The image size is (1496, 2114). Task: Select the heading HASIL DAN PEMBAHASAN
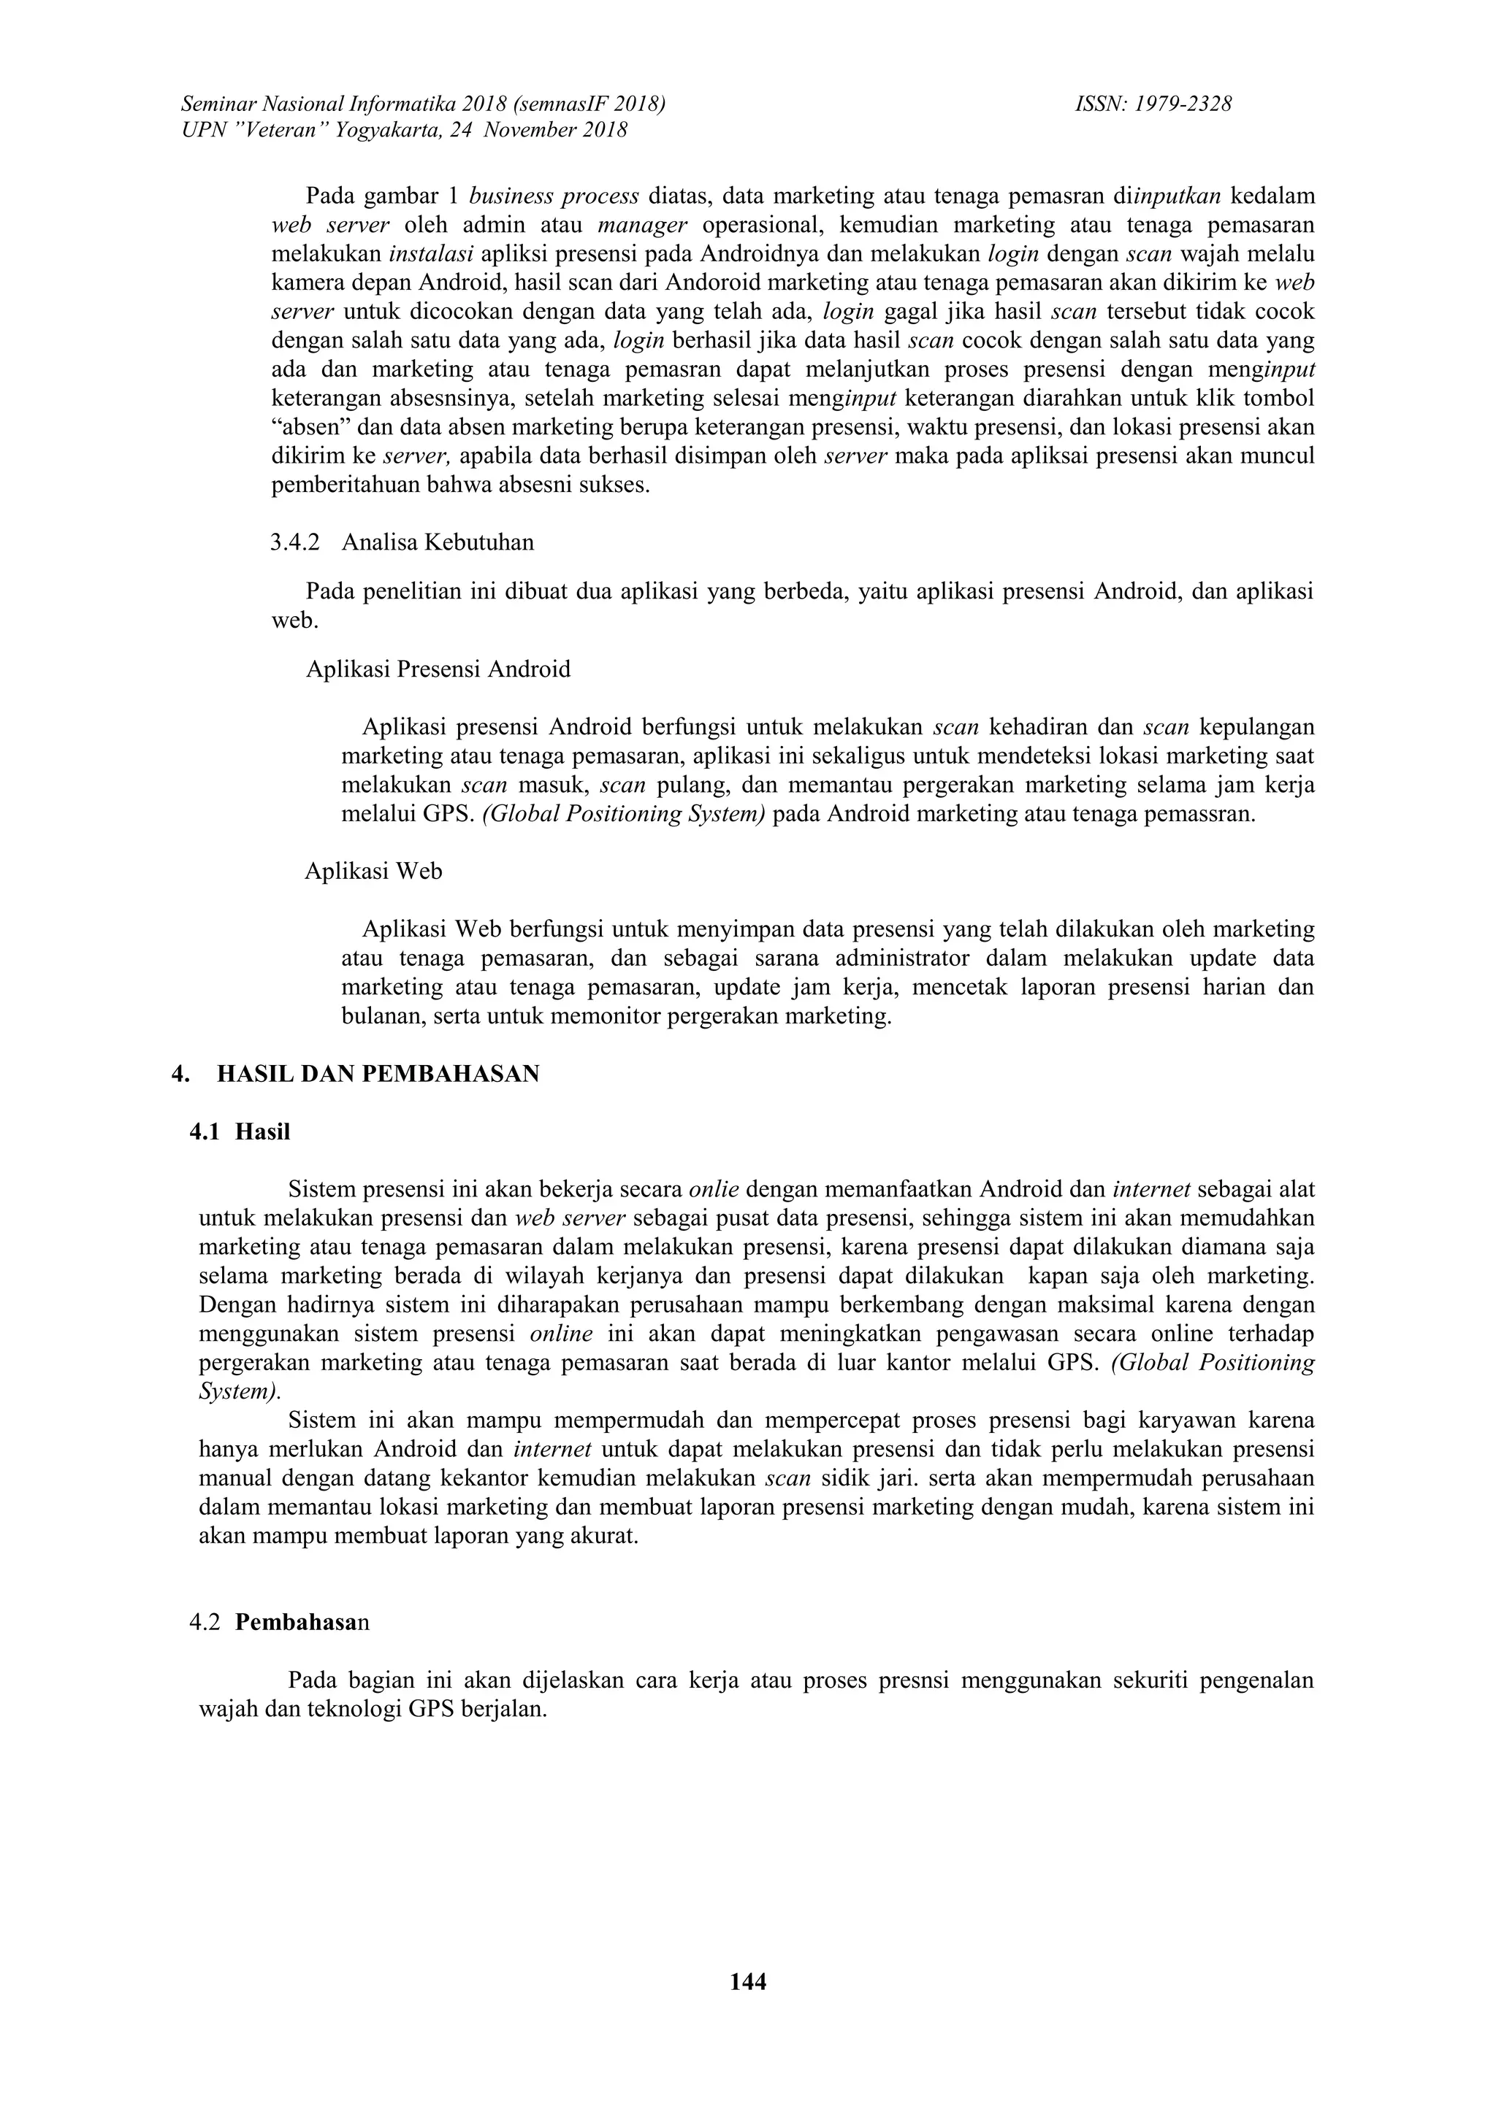(x=378, y=1075)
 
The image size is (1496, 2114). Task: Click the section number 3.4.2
(x=295, y=542)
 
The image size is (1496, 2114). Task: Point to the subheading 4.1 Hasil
(x=240, y=1132)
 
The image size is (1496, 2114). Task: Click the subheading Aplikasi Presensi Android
(x=438, y=669)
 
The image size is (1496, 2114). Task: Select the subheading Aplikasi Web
(x=373, y=871)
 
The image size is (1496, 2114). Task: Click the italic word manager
(x=643, y=225)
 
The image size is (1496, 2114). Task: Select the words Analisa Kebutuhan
(x=438, y=542)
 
